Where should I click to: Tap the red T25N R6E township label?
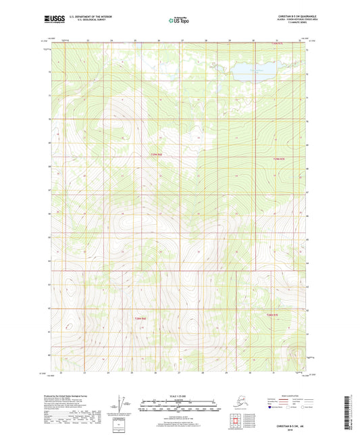click(156, 156)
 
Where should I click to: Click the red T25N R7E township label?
click(279, 158)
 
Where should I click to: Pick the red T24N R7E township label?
click(272, 315)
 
